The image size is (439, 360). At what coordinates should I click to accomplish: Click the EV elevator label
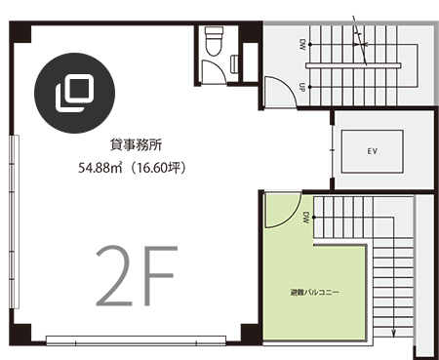372,151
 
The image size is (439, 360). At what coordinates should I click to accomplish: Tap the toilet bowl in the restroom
214,41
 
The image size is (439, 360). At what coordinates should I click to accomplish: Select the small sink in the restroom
234,64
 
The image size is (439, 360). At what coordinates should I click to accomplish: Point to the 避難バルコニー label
314,292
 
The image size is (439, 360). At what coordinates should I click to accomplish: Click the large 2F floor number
137,276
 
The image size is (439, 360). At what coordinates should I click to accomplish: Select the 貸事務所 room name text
136,144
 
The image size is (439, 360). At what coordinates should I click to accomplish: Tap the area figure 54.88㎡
100,168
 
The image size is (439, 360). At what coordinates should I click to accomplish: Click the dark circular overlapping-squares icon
75,93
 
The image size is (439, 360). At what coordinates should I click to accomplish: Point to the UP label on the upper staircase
302,87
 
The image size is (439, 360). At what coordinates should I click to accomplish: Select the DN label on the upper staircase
302,45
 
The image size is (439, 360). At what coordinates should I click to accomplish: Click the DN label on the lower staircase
306,217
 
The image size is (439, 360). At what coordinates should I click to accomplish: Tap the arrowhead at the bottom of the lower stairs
393,333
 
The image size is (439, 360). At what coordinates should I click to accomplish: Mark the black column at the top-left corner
20,32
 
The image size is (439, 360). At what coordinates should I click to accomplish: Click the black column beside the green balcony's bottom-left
251,334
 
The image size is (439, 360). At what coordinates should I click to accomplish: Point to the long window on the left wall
15,221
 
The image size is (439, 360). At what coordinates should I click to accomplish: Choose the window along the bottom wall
136,340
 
